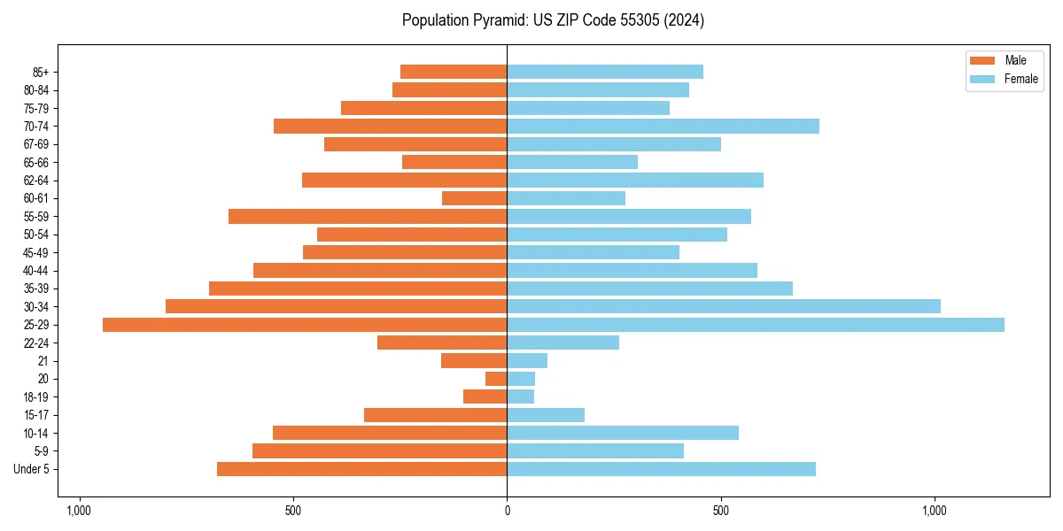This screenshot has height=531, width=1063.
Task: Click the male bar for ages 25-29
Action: (x=305, y=325)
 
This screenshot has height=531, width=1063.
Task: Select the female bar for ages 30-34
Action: (x=724, y=306)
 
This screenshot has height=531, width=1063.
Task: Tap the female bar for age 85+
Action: (x=605, y=72)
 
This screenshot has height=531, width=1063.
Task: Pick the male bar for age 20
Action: (x=496, y=379)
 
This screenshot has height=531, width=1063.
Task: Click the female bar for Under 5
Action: (x=661, y=469)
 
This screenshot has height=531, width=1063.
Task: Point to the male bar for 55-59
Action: (x=368, y=216)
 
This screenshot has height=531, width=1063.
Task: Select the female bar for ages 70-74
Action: (x=663, y=126)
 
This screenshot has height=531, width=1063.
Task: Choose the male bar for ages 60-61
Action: (x=475, y=198)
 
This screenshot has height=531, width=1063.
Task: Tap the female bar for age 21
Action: (x=527, y=360)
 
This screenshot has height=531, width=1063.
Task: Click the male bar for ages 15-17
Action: (x=436, y=415)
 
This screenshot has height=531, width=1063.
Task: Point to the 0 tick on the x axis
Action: (x=507, y=511)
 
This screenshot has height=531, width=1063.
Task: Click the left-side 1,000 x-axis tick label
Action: (x=79, y=511)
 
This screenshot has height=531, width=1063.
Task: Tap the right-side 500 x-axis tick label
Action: (x=721, y=511)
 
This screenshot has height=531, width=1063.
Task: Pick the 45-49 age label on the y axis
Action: (x=36, y=252)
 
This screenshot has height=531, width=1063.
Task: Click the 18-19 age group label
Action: (x=36, y=396)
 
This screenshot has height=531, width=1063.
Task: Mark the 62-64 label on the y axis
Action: (x=36, y=181)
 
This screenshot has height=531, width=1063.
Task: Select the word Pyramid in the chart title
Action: (x=497, y=19)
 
